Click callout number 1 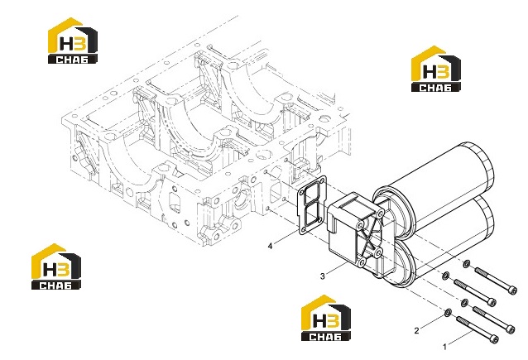[x=444, y=347]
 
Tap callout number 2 [x=417, y=330]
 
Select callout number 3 [x=323, y=276]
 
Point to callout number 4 [x=270, y=246]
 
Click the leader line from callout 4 [x=286, y=238]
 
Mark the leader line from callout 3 [x=336, y=269]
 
